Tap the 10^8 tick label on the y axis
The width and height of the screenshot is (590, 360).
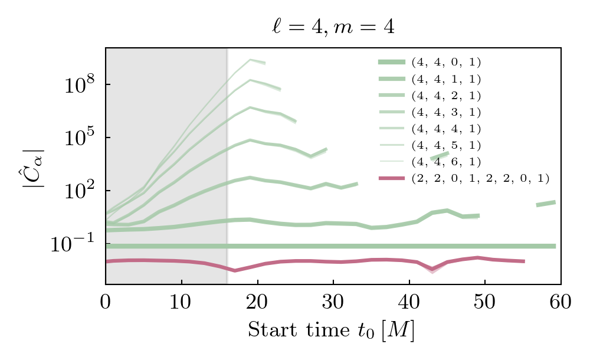point(77,85)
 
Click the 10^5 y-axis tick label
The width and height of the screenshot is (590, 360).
point(77,138)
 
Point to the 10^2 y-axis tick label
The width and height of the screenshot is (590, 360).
point(77,191)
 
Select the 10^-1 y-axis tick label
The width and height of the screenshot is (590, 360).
point(74,244)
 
